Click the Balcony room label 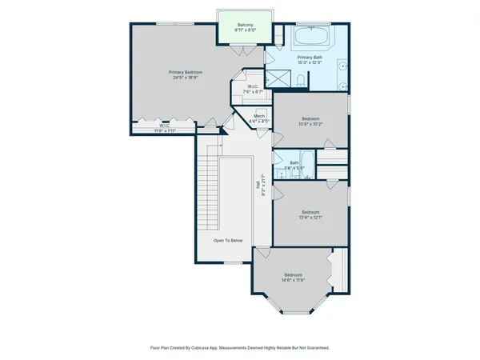(245, 25)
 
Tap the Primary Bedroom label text (185, 73)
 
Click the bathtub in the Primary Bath (306, 38)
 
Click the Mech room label (259, 116)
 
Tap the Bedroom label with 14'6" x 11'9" (294, 280)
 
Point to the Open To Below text (228, 240)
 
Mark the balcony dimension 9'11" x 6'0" (245, 30)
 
